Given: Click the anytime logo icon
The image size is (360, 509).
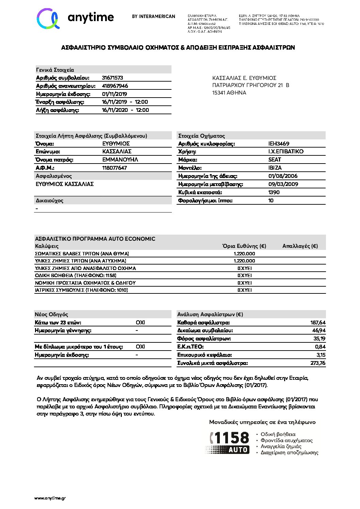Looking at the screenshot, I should [48, 18].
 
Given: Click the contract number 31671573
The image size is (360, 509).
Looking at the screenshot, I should [112, 78].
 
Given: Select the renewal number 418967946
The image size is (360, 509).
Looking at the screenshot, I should [115, 86].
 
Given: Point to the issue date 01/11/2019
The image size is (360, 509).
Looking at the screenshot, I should [114, 94].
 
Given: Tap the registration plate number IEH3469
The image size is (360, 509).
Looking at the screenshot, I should [279, 144].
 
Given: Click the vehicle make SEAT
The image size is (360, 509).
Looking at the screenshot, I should [275, 160].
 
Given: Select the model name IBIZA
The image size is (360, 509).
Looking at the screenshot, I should [275, 168].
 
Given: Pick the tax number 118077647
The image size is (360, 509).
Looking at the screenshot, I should [114, 168].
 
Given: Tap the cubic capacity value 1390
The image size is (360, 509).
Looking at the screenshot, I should [274, 192].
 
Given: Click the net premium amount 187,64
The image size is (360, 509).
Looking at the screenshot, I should [318, 323].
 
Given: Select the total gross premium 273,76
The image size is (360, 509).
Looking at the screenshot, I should [318, 363].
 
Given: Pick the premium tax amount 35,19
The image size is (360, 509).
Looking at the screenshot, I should [319, 339].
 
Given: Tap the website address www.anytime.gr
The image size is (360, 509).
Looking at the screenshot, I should [50, 498].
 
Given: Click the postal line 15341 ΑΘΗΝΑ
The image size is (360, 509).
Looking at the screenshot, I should [229, 93].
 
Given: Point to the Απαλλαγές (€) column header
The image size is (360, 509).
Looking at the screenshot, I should [300, 246].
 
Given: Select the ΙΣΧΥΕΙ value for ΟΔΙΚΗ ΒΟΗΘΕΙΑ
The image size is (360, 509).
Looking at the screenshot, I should [245, 275].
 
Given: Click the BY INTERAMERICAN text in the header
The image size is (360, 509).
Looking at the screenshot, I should [153, 16].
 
